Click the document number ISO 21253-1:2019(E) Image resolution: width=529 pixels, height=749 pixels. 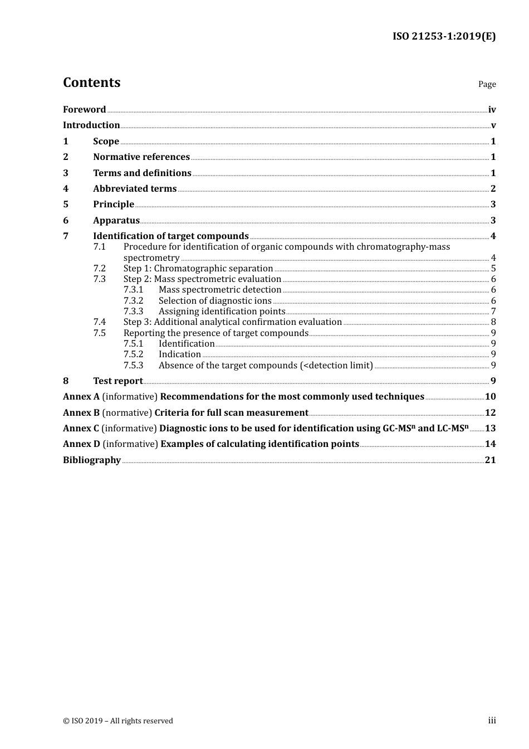click(x=444, y=36)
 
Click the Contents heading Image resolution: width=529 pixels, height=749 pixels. click(x=91, y=82)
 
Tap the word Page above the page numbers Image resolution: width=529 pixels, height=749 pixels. click(x=487, y=84)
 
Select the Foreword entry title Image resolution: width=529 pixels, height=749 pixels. click(x=84, y=110)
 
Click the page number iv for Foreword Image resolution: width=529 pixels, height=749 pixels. click(x=492, y=110)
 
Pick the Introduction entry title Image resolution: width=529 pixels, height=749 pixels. click(x=91, y=125)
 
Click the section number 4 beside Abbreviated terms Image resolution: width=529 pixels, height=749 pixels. click(x=66, y=189)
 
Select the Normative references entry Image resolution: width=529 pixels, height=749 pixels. click(x=141, y=157)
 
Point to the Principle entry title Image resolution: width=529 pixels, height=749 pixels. click(x=114, y=205)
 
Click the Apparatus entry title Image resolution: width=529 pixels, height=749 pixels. click(x=116, y=221)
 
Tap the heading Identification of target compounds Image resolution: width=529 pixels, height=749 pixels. click(x=170, y=236)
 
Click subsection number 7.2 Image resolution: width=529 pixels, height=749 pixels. click(x=100, y=269)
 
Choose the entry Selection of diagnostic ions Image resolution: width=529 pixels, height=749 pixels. click(x=215, y=301)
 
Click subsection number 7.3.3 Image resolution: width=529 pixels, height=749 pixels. click(x=134, y=312)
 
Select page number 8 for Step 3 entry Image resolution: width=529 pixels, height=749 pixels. click(x=493, y=322)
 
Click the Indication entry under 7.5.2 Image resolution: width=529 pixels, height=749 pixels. click(x=179, y=354)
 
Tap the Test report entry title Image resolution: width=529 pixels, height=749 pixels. click(x=118, y=381)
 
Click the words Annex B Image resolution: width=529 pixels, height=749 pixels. click(x=81, y=413)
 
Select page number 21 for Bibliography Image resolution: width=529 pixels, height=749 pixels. click(x=490, y=460)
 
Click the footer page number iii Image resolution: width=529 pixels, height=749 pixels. click(x=492, y=721)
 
